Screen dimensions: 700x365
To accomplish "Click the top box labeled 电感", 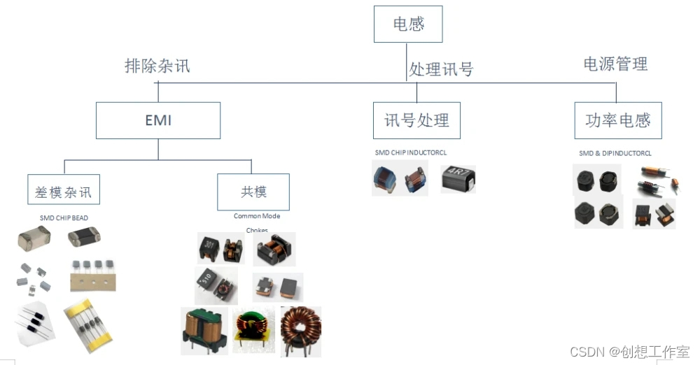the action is [408, 25].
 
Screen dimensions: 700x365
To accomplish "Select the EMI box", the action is [157, 120].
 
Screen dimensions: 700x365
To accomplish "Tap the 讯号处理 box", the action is [416, 120].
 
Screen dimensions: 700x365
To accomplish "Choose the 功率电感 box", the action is [617, 120].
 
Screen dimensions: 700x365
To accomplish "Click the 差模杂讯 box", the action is [63, 190].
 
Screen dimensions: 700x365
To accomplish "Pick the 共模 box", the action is [253, 191].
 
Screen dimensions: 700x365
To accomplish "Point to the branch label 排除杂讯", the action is [157, 66].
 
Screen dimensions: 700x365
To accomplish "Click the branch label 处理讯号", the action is [441, 69].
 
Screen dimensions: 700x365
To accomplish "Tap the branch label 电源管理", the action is [615, 64].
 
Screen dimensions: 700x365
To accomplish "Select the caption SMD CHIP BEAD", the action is [64, 218].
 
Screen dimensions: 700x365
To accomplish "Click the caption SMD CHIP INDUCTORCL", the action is [411, 152].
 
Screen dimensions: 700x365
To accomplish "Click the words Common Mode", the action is [257, 216].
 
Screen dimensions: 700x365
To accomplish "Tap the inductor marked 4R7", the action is [458, 180].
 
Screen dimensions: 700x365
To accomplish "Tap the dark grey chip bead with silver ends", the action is [84, 238].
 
